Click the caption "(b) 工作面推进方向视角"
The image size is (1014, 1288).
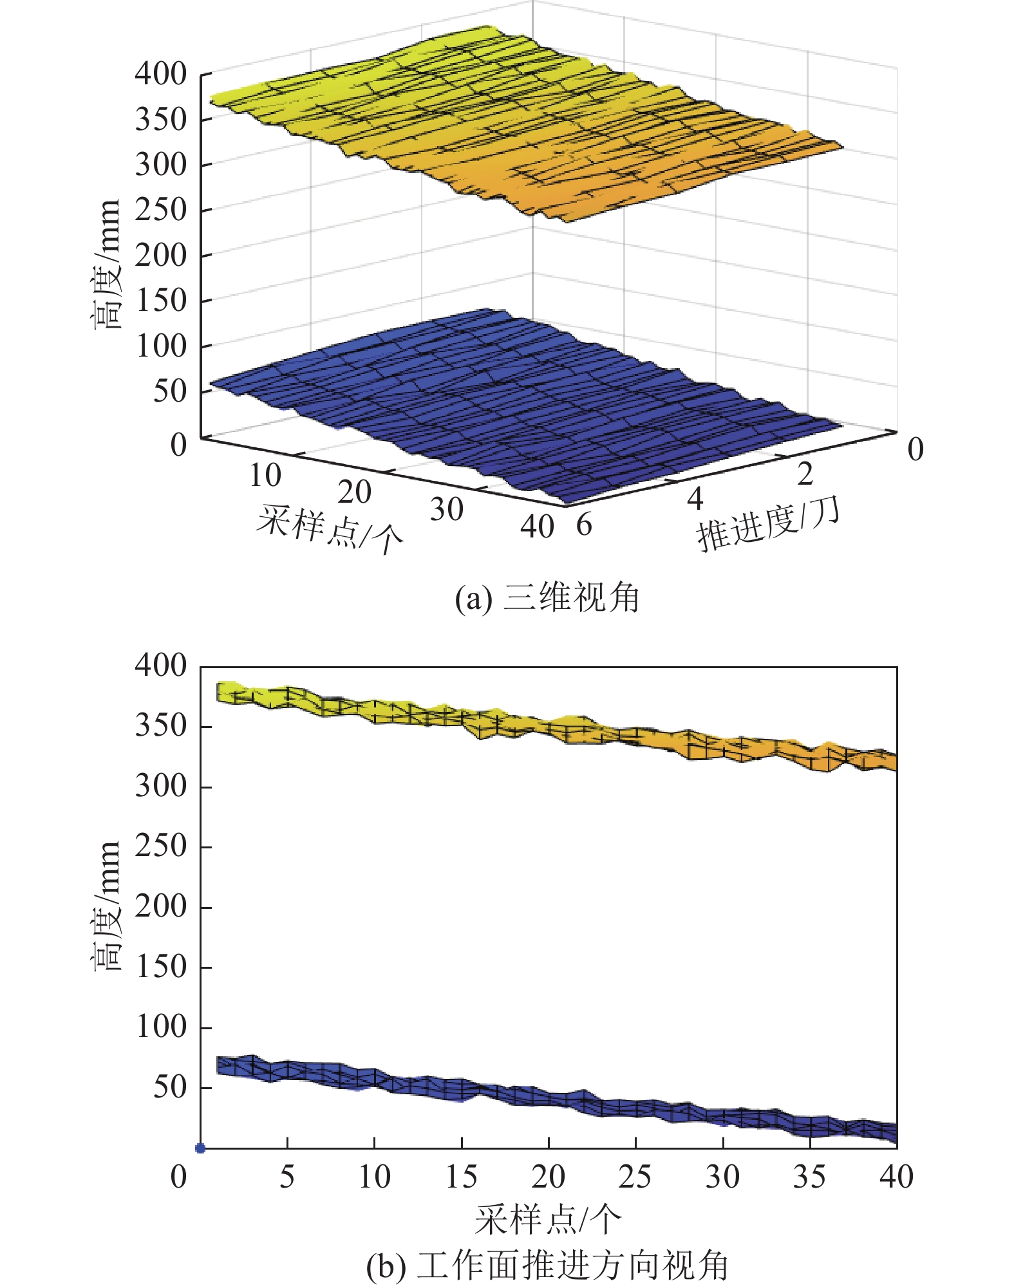point(547,1265)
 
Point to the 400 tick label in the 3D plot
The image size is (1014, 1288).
point(161,75)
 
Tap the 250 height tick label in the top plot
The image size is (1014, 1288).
point(161,210)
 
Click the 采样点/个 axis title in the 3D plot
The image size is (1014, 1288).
point(329,530)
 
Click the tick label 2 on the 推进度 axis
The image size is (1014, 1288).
point(805,474)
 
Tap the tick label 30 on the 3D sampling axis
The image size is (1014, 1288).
point(446,510)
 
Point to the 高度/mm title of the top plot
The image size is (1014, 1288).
point(106,264)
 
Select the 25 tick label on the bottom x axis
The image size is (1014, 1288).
point(635,1177)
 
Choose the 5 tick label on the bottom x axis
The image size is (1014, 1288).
point(287,1177)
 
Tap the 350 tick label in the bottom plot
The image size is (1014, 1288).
point(161,726)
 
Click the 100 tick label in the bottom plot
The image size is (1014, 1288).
point(161,1027)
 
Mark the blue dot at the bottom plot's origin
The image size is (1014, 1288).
point(200,1148)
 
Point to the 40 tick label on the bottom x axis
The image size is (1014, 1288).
point(896,1177)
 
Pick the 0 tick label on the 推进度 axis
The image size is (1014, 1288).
point(915,449)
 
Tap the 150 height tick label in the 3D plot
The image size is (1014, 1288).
point(161,301)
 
